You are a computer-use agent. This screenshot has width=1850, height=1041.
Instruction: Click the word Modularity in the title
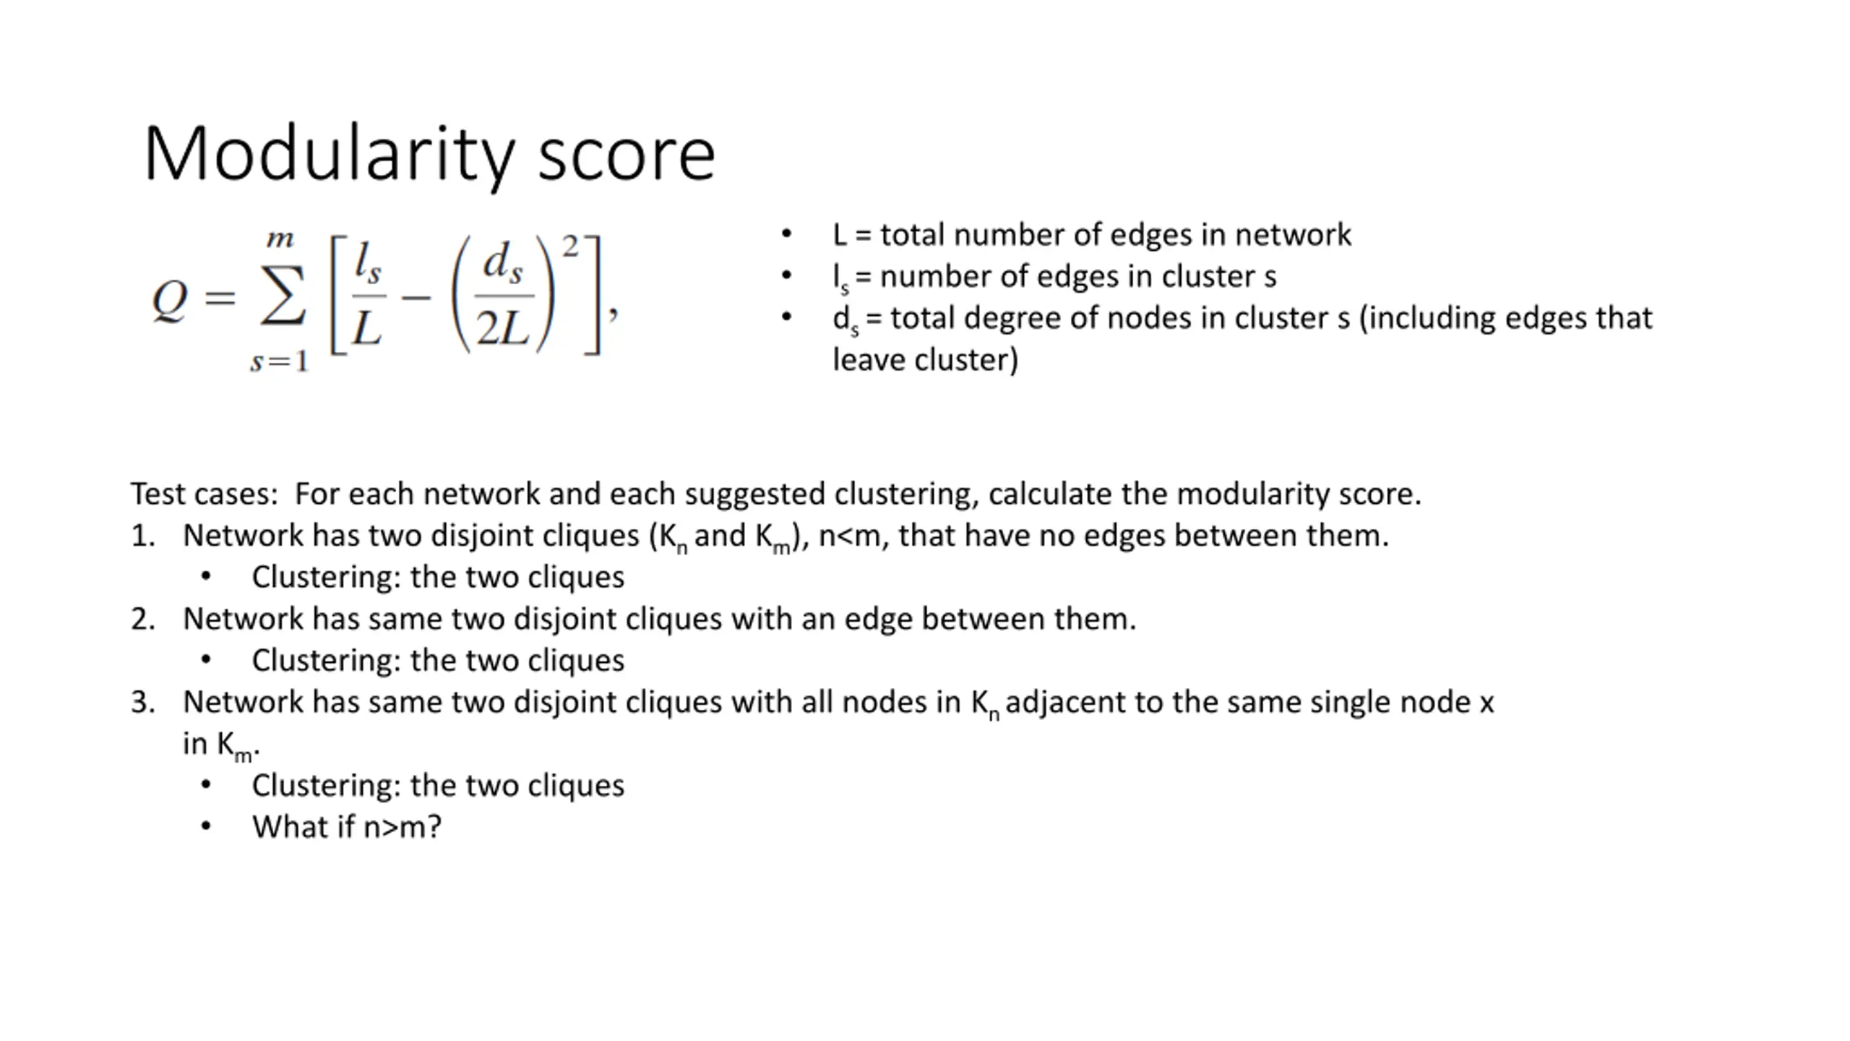click(x=329, y=155)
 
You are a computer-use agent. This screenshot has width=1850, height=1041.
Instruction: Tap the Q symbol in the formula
click(x=170, y=299)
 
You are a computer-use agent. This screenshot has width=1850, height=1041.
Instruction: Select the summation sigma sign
click(x=283, y=297)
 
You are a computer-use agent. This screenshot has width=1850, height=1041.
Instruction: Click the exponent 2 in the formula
click(x=571, y=247)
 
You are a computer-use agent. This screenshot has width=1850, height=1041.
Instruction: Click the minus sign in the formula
click(x=416, y=297)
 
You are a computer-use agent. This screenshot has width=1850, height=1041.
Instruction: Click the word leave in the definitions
click(x=869, y=360)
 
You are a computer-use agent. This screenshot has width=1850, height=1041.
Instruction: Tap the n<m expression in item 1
click(x=853, y=536)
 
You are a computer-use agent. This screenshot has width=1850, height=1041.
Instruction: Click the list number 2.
click(x=142, y=620)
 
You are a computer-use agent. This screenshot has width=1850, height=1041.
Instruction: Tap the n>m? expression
click(x=402, y=827)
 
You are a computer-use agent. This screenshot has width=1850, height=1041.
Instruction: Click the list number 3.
click(x=142, y=703)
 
